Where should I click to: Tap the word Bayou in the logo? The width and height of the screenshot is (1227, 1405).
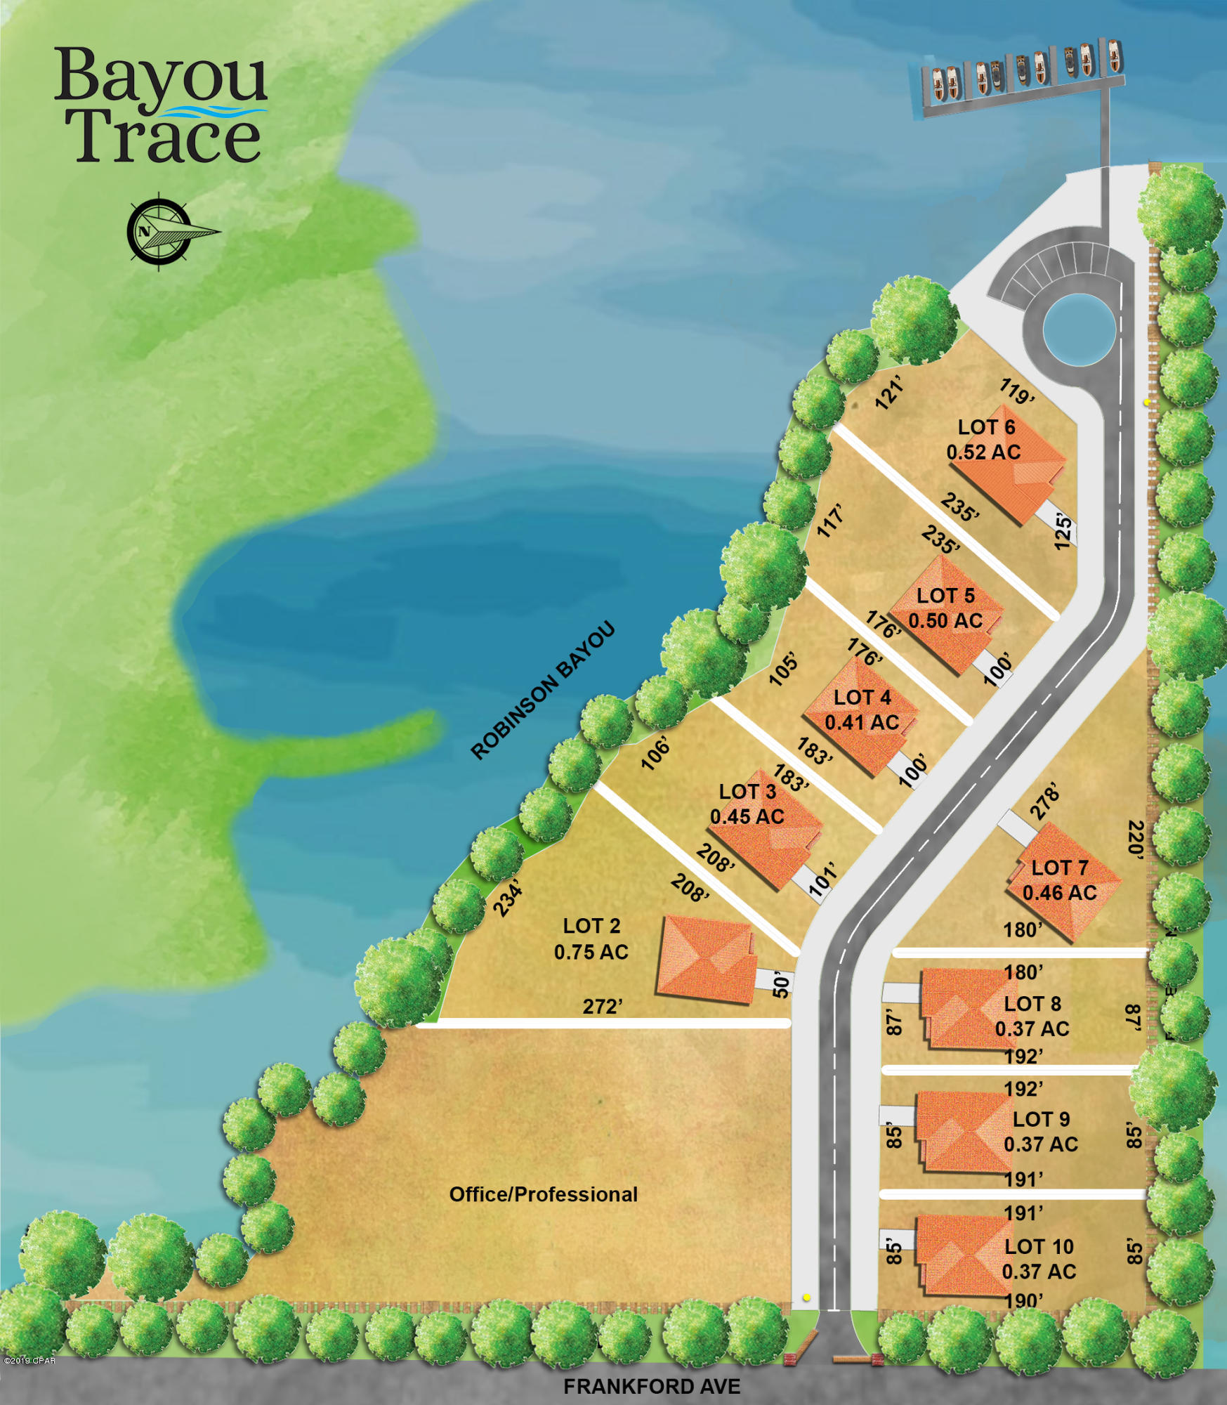[x=160, y=76]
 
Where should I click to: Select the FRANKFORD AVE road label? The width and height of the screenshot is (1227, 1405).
[x=652, y=1386]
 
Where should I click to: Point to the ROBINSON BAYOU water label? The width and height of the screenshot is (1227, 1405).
[x=542, y=691]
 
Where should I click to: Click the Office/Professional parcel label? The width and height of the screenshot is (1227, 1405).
[x=543, y=1194]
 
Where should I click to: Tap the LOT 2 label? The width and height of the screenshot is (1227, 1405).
[x=591, y=926]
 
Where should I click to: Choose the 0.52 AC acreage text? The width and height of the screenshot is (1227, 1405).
[x=983, y=452]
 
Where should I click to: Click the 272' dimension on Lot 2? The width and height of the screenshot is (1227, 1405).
[x=603, y=1007]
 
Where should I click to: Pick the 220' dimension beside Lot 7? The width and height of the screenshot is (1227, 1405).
[x=1136, y=839]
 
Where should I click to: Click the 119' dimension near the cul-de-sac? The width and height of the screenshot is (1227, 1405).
[x=1017, y=391]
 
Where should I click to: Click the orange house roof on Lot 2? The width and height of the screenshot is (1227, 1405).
[x=704, y=958]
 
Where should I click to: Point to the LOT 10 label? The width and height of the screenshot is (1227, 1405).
[x=1039, y=1247]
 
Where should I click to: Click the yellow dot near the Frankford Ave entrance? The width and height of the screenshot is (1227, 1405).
[x=807, y=1298]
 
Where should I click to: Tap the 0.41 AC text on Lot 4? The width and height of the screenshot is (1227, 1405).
[x=862, y=722]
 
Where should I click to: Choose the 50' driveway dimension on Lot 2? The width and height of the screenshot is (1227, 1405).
[x=781, y=985]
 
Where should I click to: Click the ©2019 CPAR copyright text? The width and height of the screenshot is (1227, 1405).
[x=29, y=1361]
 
